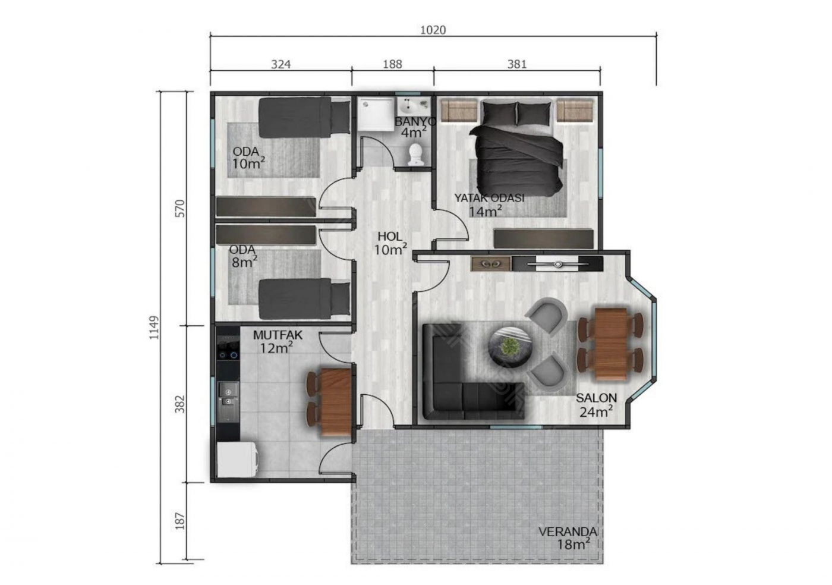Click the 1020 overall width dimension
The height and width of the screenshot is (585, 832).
433,30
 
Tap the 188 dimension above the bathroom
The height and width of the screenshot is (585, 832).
392,64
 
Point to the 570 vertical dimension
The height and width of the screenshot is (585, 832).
179,209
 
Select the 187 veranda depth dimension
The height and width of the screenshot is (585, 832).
179,521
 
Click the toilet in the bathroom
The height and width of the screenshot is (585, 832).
415,155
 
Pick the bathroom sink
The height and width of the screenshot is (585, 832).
414,106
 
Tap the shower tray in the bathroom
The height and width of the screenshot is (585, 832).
376,114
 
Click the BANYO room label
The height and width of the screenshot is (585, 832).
415,121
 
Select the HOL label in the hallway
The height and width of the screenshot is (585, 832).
390,237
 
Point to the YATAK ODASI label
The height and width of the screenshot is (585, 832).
489,198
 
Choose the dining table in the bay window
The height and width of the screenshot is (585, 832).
611,344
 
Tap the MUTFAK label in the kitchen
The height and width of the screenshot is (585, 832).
278,335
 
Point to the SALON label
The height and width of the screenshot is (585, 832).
596,398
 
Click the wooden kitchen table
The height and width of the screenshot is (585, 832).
335,401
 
